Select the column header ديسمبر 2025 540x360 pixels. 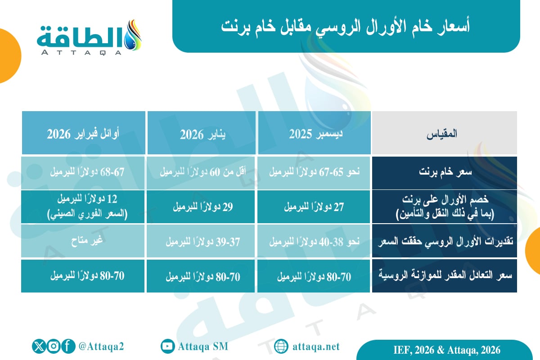pos(314,134)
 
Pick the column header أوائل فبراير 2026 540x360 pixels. pos(84,134)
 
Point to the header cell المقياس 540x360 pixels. pos(444,134)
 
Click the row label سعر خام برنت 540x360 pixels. pos(444,173)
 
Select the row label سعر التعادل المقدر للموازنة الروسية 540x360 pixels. pos(444,275)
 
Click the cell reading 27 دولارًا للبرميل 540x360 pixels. pos(314,207)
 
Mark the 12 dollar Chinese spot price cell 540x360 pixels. pos(84,207)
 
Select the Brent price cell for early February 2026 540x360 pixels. pos(84,173)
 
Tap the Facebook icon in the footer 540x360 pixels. pos(68,346)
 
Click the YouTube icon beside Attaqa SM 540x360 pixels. pos(167,346)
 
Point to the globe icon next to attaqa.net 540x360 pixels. pos(281,346)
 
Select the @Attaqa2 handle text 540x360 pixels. pos(101,346)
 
